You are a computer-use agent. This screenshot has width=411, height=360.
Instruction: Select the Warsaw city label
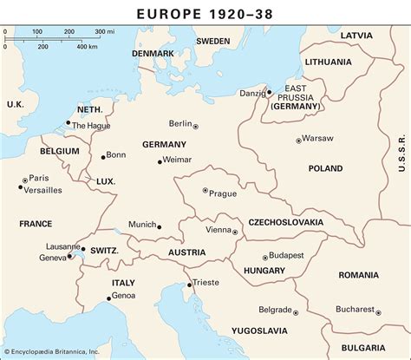[318, 139]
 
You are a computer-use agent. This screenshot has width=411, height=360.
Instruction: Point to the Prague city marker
[205, 191]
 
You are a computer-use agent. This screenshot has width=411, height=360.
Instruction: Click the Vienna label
[218, 231]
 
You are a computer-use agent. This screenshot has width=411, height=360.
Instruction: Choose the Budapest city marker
[265, 256]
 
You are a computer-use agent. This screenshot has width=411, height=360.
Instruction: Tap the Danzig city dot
[269, 91]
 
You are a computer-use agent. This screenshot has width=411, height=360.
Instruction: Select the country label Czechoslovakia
[286, 223]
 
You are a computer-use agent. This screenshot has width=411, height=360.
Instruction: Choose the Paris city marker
[25, 177]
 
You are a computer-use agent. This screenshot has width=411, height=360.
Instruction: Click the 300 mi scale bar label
[104, 32]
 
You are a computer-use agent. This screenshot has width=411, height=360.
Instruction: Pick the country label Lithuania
[329, 62]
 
